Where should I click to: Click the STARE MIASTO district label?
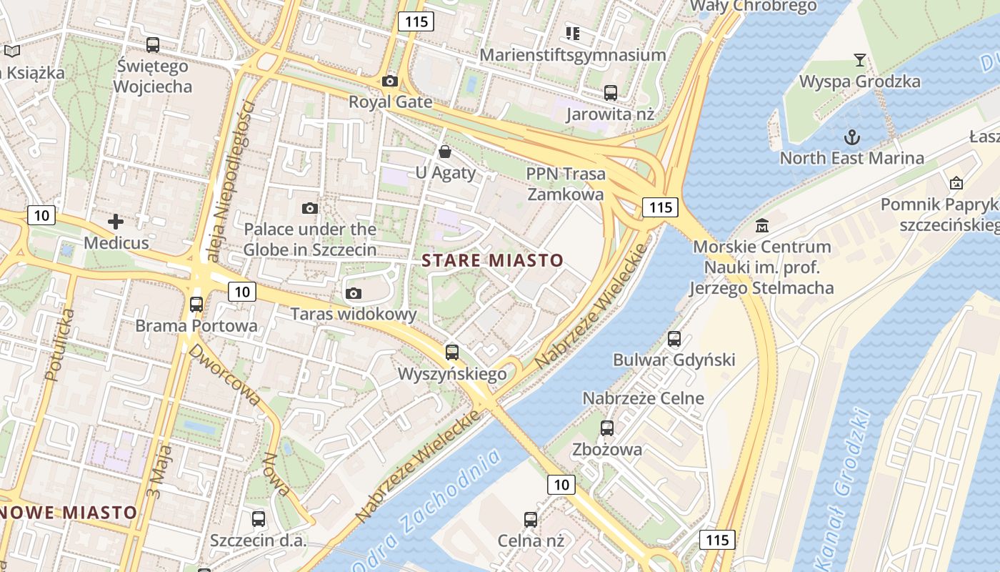[x=493, y=260]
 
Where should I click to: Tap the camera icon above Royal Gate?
[x=390, y=82]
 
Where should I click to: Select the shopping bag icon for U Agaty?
[x=445, y=152]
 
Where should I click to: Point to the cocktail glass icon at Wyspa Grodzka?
[x=860, y=60]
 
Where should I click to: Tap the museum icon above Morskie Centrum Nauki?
[x=762, y=226]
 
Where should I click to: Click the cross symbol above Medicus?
[x=116, y=222]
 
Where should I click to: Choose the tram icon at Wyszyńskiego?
[x=452, y=352]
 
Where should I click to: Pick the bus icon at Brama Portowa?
[x=196, y=305]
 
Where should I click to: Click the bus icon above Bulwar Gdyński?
[x=674, y=339]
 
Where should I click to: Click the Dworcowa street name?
[x=224, y=376]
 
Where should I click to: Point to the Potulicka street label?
[x=59, y=345]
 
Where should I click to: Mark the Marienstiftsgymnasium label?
[x=573, y=55]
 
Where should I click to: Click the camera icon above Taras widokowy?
[x=353, y=293]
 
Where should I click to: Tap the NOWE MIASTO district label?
[x=69, y=513]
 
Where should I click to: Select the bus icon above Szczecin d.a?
[x=259, y=519]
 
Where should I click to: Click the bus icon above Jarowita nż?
[x=611, y=93]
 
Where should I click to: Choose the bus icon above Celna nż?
[x=531, y=520]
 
